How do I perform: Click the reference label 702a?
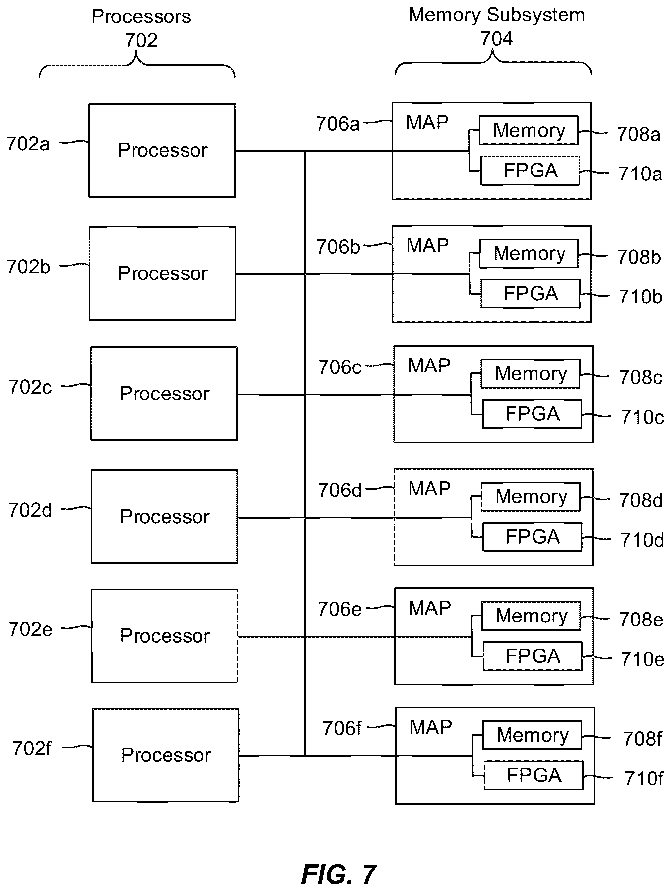click(28, 144)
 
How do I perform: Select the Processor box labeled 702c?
click(164, 394)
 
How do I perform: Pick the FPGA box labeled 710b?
click(531, 293)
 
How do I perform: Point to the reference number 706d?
click(340, 490)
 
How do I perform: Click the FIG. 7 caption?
click(339, 875)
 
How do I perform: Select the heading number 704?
click(497, 39)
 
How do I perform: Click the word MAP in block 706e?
click(430, 608)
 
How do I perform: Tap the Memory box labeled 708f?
click(532, 735)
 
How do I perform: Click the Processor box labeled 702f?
click(166, 755)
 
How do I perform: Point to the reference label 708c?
click(641, 377)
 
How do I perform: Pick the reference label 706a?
click(338, 124)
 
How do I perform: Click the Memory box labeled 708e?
click(531, 616)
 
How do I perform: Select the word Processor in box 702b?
click(163, 273)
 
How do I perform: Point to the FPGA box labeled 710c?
click(532, 414)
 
